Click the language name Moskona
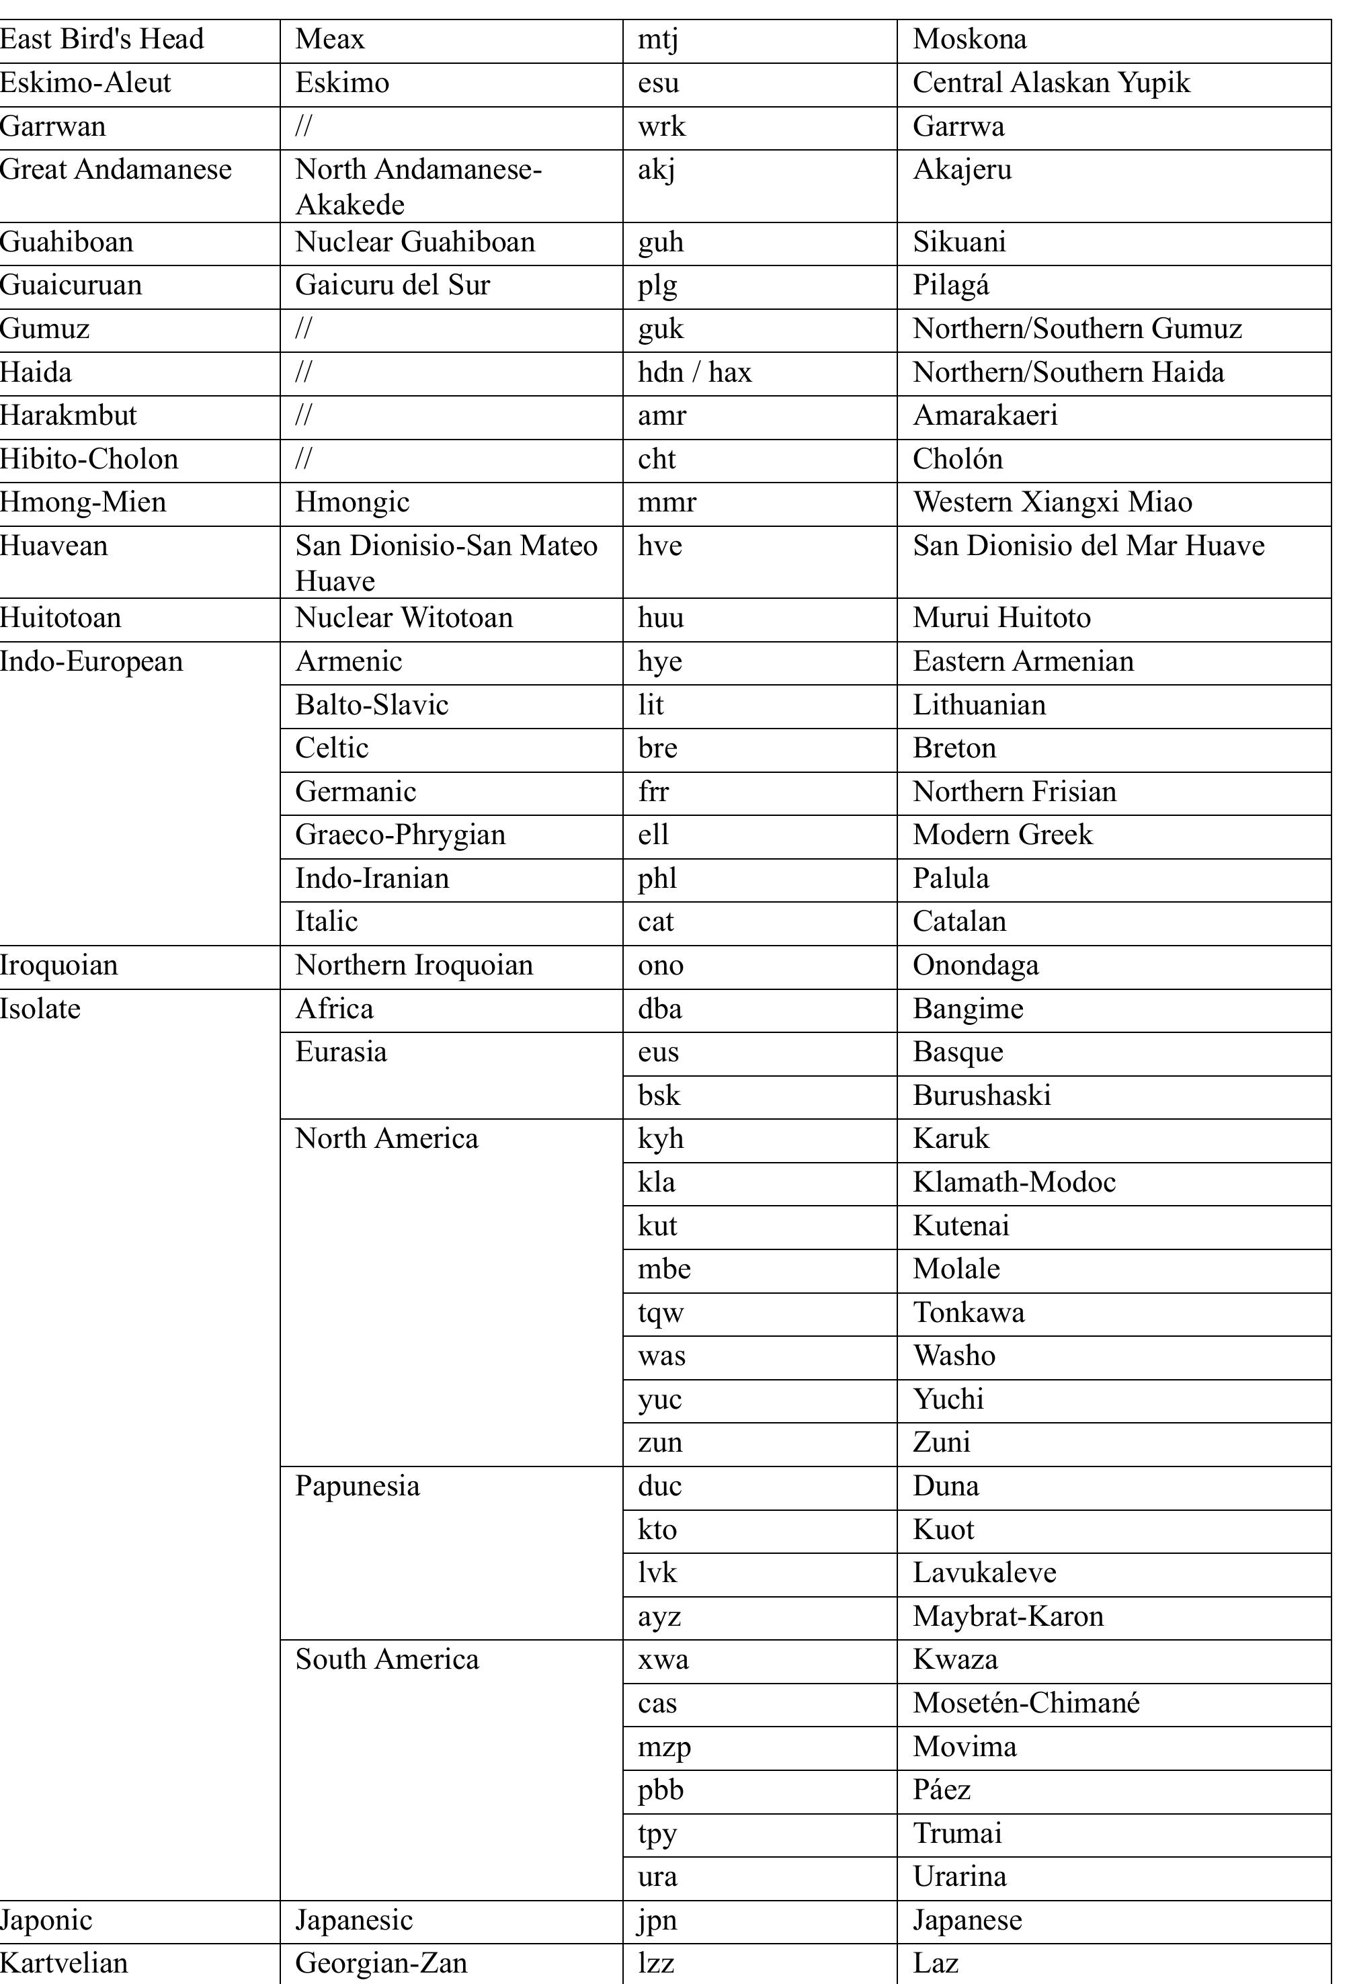pos(969,39)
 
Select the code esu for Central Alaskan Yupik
pos(659,83)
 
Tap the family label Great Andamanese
pos(116,169)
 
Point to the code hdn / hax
pos(694,372)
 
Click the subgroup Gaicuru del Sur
pos(392,285)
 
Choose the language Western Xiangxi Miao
pos(1052,502)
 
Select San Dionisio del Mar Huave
pos(1088,546)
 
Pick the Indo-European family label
pos(91,661)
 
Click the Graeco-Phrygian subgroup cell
pos(400,835)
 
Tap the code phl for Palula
pos(657,878)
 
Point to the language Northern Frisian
pos(1014,791)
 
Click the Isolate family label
pos(40,1009)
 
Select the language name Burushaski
pos(981,1096)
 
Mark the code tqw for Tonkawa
pos(660,1312)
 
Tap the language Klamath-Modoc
pos(1014,1182)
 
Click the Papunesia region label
pos(357,1486)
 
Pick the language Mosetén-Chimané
pos(1026,1703)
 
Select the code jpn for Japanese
pos(657,1920)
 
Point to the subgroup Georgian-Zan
pos(381,1962)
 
